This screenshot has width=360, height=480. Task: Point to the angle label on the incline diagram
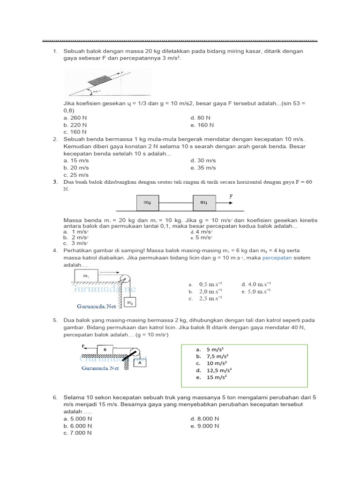96,91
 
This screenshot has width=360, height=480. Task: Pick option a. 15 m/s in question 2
76,160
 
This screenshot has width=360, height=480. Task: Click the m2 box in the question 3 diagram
147,202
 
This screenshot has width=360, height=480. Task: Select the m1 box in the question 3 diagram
204,202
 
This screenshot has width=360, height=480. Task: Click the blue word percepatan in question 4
277,258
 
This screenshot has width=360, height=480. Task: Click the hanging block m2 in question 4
130,303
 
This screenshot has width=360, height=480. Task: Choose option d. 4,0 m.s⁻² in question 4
256,284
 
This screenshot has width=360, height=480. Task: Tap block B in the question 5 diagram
105,349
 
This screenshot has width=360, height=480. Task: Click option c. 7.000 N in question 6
77,433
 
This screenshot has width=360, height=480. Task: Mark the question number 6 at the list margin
55,397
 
